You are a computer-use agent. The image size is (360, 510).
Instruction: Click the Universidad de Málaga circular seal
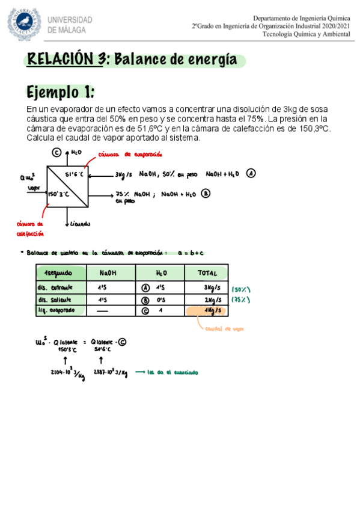click(x=24, y=23)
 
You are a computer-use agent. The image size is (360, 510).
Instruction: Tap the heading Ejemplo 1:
click(x=60, y=93)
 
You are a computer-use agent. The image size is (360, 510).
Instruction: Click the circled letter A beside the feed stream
click(x=251, y=173)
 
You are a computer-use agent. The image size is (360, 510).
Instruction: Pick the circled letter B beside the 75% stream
click(x=206, y=194)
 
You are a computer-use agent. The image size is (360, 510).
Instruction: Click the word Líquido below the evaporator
click(x=80, y=224)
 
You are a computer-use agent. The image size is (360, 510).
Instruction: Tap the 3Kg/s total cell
click(x=212, y=287)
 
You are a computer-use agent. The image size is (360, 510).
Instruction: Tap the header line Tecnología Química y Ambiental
click(x=307, y=34)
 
